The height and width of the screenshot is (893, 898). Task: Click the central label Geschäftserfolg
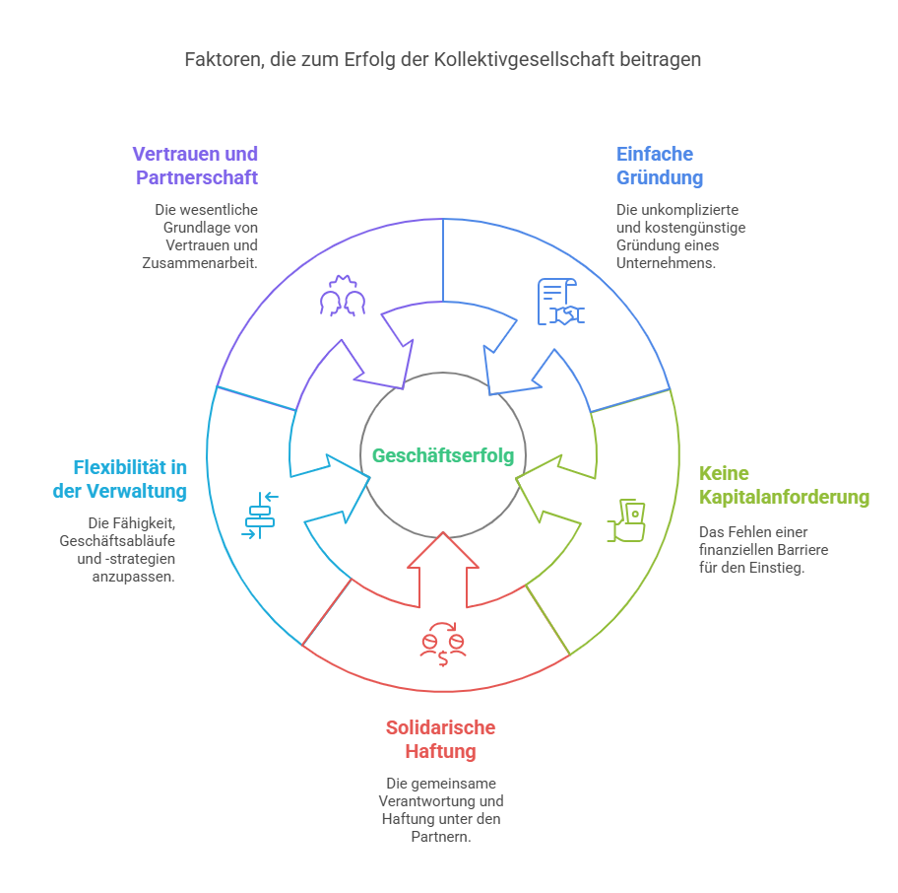click(x=443, y=455)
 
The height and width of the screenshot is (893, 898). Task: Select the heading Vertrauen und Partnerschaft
click(x=195, y=166)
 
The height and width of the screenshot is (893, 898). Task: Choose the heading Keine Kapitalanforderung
click(x=784, y=485)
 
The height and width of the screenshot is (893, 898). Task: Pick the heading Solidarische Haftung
click(x=440, y=739)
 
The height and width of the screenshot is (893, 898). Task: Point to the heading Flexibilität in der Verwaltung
click(x=119, y=478)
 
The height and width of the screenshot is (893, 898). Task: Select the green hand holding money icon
click(x=627, y=520)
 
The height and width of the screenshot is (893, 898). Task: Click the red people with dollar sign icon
click(x=443, y=645)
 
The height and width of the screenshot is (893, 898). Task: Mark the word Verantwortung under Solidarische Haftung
click(x=441, y=801)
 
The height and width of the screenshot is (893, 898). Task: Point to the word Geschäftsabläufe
click(x=122, y=541)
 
